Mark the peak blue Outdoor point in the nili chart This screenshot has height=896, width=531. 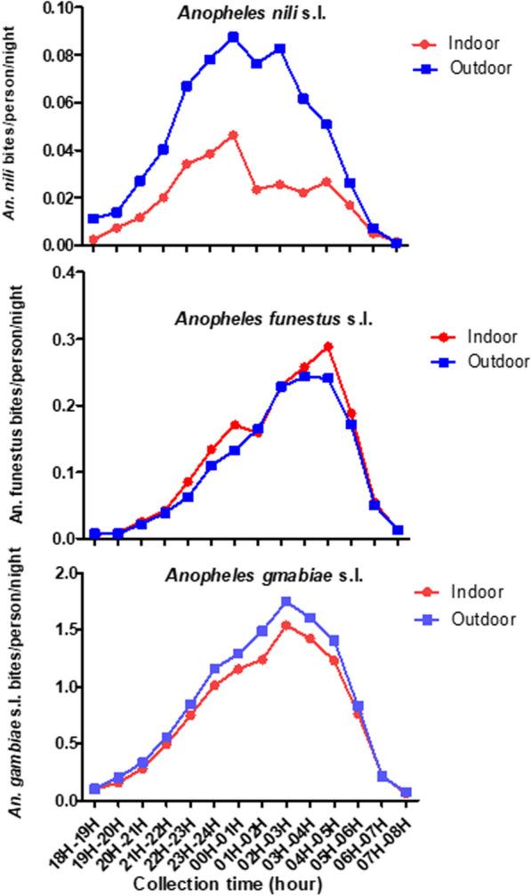point(233,37)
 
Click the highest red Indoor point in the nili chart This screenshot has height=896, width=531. point(233,135)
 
